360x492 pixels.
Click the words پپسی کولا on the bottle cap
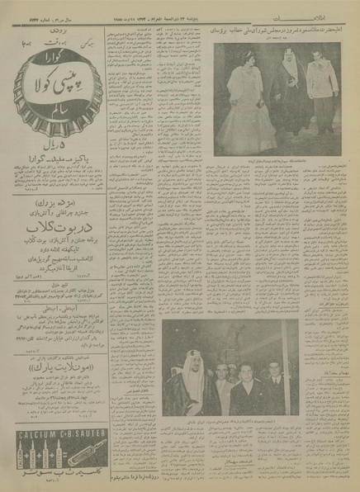(54, 73)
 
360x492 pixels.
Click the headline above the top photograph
(272, 30)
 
